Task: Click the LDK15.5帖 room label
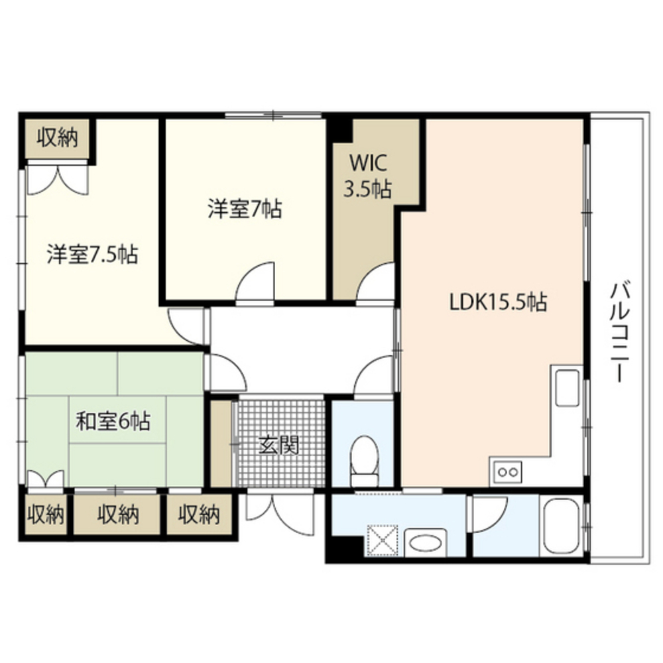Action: point(498,302)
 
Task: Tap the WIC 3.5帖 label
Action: point(366,176)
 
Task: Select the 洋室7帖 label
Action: point(244,210)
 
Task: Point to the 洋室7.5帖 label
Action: point(92,255)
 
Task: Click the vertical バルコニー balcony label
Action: point(620,331)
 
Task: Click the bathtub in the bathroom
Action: point(561,528)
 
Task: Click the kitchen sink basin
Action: point(568,388)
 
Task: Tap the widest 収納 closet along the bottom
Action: point(117,514)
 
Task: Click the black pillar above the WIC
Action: point(342,129)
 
